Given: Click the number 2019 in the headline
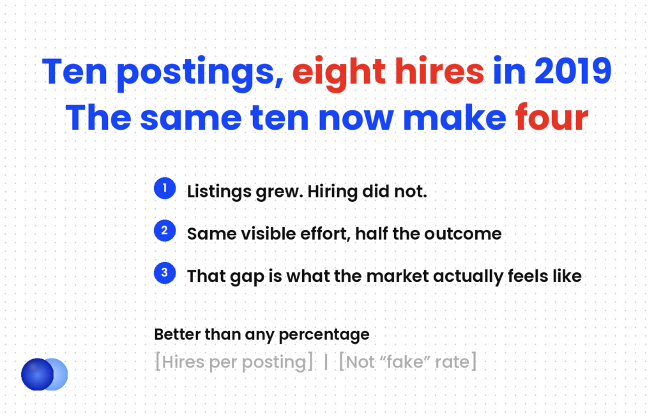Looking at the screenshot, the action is point(573,72).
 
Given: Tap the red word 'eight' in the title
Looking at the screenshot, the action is point(338,73).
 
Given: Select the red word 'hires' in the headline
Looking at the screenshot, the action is point(439,71).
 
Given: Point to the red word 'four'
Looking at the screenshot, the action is point(551,117).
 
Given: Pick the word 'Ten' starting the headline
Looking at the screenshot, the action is point(75,72).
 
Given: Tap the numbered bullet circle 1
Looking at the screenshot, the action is point(165,188).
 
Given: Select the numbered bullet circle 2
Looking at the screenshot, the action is point(165,230).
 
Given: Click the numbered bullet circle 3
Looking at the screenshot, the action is point(165,273).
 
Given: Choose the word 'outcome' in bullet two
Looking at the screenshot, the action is point(463,234).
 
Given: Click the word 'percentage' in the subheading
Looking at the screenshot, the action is point(324,335).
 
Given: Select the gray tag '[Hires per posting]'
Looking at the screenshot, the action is point(234,362).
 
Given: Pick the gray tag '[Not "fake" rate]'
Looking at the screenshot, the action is point(408,362).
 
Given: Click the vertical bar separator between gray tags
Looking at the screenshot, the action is point(326,362).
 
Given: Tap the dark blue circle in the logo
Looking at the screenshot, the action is point(37,374).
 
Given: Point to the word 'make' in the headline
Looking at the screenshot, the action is point(455,117).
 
